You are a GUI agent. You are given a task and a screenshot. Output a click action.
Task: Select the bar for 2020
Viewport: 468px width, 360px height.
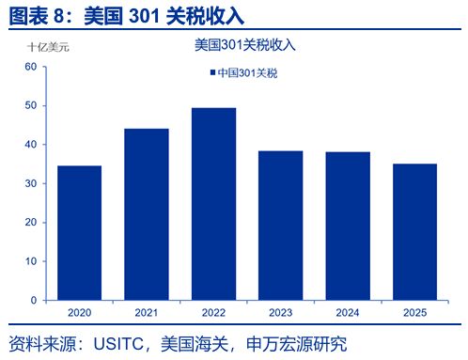[x=79, y=232]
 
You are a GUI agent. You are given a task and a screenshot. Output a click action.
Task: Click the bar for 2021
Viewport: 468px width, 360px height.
[x=146, y=214]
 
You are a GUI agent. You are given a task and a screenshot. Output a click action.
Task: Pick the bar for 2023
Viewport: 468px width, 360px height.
[x=280, y=225]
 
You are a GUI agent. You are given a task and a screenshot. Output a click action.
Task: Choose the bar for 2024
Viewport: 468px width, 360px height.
[x=347, y=226]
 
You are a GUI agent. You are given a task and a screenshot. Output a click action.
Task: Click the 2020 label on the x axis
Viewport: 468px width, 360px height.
[x=79, y=311]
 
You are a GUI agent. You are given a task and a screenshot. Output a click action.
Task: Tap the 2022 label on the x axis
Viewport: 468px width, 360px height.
[x=213, y=311]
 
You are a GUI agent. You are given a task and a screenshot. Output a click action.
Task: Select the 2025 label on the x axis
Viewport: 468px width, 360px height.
[x=414, y=311]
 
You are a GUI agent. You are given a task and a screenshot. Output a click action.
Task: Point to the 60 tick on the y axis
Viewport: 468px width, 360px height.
[x=30, y=67]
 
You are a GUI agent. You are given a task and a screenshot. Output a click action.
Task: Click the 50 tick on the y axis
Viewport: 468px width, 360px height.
[x=30, y=105]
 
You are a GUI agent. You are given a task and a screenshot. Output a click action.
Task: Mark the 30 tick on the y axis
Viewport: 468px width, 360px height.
[x=30, y=183]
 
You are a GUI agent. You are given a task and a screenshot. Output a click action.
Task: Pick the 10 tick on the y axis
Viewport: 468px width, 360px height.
[x=30, y=261]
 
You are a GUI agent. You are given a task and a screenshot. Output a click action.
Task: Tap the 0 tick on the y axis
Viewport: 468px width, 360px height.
[x=33, y=300]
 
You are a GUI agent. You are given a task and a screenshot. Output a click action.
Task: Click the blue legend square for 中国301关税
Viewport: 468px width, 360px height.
[x=211, y=72]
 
